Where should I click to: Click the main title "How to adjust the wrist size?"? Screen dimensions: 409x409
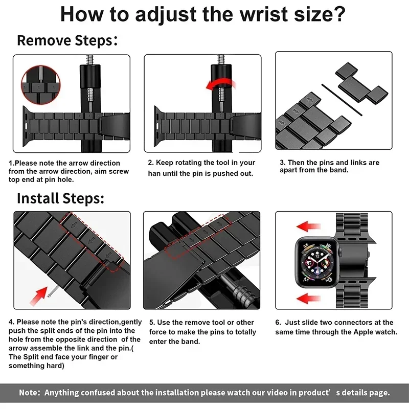point(203,14)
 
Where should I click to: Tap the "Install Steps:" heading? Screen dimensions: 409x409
point(60,198)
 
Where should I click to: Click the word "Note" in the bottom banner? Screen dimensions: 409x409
point(30,393)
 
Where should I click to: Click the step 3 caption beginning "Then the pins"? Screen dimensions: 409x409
point(329,166)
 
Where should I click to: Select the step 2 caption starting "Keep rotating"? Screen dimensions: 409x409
point(201,168)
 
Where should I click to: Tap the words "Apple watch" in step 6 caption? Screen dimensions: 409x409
point(375,332)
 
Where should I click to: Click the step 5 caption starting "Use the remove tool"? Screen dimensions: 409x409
point(201,332)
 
